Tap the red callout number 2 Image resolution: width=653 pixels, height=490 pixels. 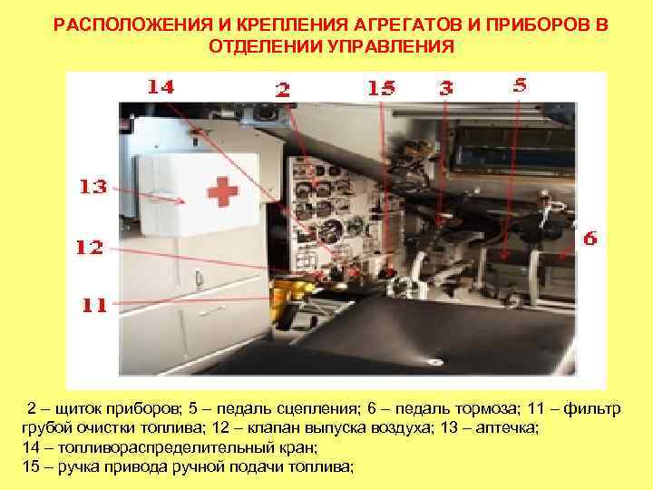pyautogui.click(x=284, y=89)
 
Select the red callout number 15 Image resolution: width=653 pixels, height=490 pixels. pyautogui.click(x=382, y=87)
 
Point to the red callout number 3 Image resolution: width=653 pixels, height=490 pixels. pyautogui.click(x=446, y=88)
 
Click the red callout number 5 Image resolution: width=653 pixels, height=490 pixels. pyautogui.click(x=519, y=84)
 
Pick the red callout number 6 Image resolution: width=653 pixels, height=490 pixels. pyautogui.click(x=590, y=239)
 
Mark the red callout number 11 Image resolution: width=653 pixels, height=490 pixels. pyautogui.click(x=94, y=305)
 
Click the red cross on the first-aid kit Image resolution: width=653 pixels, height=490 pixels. pyautogui.click(x=220, y=192)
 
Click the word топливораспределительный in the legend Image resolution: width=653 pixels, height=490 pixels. pyautogui.click(x=141, y=448)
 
